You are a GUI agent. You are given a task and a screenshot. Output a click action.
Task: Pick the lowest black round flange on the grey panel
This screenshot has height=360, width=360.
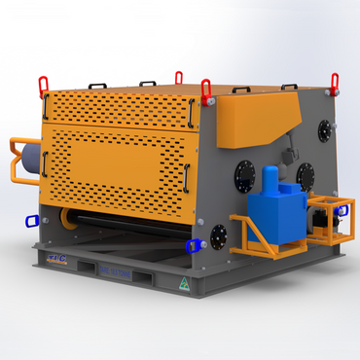point(218,234)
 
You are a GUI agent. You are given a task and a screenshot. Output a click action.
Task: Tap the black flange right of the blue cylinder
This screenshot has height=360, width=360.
point(305,175)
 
